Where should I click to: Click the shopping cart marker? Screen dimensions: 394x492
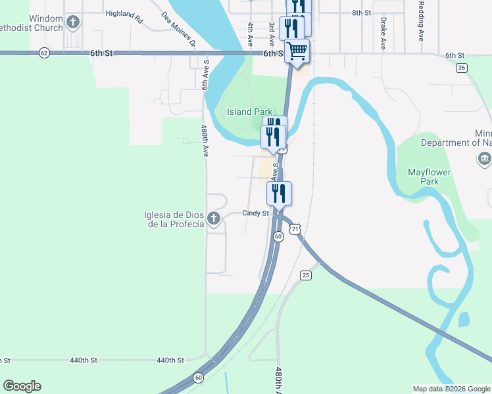pos(297,50)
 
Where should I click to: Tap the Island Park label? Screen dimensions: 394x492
pos(249,112)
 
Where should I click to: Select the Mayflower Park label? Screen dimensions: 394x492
pos(432,176)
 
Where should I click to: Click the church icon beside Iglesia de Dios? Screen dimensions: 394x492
pos(213,219)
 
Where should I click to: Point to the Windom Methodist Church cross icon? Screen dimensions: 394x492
pos(72,23)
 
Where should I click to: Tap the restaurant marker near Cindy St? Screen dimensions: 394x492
pos(279,193)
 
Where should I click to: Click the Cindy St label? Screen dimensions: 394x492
pos(256,213)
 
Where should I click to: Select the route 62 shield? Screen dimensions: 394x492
pos(44,53)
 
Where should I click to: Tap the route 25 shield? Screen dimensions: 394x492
pos(305,275)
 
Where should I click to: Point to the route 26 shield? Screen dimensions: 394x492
pos(462,68)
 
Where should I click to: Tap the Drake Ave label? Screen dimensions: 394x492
pos(382,33)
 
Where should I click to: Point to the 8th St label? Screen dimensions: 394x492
pos(361,12)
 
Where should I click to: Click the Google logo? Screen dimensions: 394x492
pos(22,386)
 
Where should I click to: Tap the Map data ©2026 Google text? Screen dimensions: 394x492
pos(451,389)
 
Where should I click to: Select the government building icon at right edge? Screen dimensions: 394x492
pos(484,158)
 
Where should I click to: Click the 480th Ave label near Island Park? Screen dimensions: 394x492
pos(205,141)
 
